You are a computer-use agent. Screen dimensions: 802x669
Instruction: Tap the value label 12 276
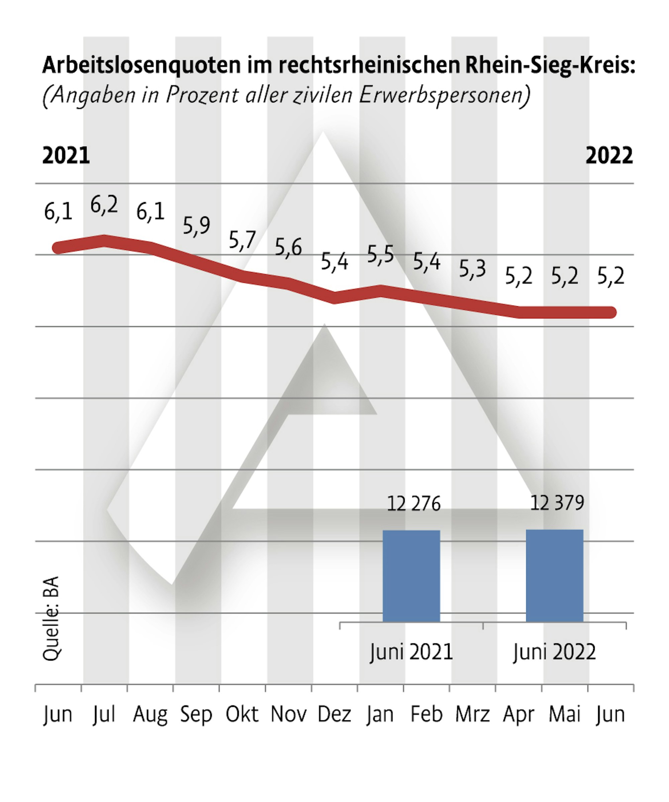pos(413,504)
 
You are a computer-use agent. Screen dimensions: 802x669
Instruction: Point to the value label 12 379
pos(557,503)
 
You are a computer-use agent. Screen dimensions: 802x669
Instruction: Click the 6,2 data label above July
pos(104,205)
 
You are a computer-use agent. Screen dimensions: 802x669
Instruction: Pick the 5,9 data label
pos(196,225)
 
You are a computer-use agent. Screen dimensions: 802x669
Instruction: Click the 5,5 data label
pos(380,254)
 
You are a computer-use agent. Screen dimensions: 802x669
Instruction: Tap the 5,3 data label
pos(472,269)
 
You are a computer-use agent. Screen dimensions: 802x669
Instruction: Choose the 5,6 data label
pos(288,248)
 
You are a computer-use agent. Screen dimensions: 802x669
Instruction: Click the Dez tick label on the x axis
pos(334,714)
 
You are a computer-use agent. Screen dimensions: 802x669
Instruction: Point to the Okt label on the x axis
pos(242,714)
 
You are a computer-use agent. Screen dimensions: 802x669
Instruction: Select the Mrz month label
pos(472,714)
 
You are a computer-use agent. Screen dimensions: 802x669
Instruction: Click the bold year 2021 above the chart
pos(66,156)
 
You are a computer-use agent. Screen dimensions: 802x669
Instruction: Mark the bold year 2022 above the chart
pos(609,156)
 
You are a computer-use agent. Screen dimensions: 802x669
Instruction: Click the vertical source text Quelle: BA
pos(51,619)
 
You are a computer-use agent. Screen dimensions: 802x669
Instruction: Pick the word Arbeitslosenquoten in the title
pos(141,65)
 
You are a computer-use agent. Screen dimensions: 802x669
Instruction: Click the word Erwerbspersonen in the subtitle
pos(444,95)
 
